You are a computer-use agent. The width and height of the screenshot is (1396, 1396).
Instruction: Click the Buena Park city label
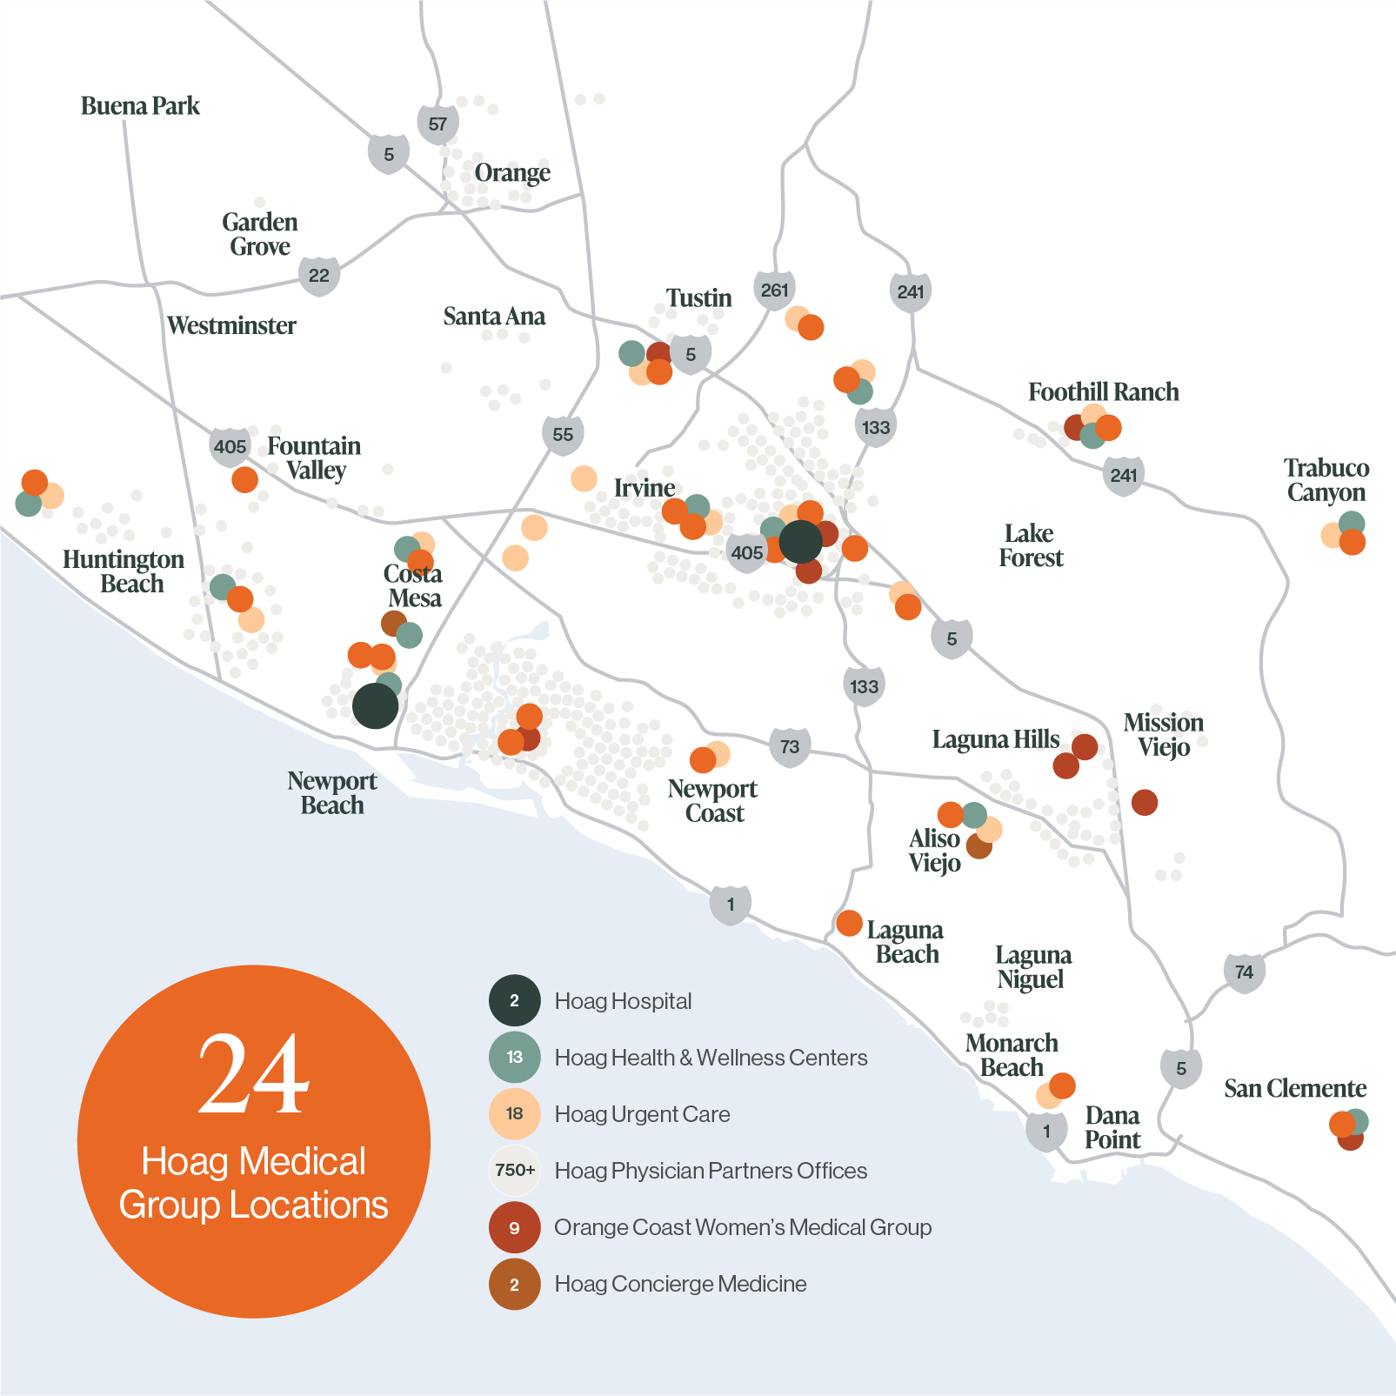(140, 106)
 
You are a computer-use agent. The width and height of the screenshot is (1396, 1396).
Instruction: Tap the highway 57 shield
(438, 124)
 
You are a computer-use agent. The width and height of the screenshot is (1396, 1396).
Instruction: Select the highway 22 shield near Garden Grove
(319, 276)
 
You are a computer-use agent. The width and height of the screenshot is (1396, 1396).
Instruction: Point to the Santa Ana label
(494, 317)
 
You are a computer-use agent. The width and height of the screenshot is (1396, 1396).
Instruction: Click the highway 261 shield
(774, 291)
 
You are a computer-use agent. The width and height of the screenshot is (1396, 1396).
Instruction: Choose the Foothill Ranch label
(1103, 392)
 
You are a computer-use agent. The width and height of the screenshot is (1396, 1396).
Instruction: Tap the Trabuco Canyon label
(1326, 480)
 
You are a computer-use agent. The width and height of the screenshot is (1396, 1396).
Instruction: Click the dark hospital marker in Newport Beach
(375, 705)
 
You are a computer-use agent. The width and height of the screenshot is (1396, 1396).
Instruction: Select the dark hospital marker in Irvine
(800, 542)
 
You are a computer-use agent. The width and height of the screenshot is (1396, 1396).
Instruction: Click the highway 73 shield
(790, 746)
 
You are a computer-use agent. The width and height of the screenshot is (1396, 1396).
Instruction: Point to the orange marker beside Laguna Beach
(849, 923)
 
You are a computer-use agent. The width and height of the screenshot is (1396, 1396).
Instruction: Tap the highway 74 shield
(1244, 972)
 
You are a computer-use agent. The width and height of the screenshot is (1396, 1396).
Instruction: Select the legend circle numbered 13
(514, 1057)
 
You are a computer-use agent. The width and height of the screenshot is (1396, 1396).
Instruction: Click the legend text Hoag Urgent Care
(642, 1114)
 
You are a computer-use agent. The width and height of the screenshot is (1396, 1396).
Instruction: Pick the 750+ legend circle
(514, 1170)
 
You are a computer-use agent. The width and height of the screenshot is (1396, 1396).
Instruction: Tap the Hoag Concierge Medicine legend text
(680, 1284)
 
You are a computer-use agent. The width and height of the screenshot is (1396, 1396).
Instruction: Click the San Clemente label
(1294, 1089)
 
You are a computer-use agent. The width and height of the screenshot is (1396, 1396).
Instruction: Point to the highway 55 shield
(563, 434)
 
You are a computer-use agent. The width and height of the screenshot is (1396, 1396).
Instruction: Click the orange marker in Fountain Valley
(244, 479)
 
